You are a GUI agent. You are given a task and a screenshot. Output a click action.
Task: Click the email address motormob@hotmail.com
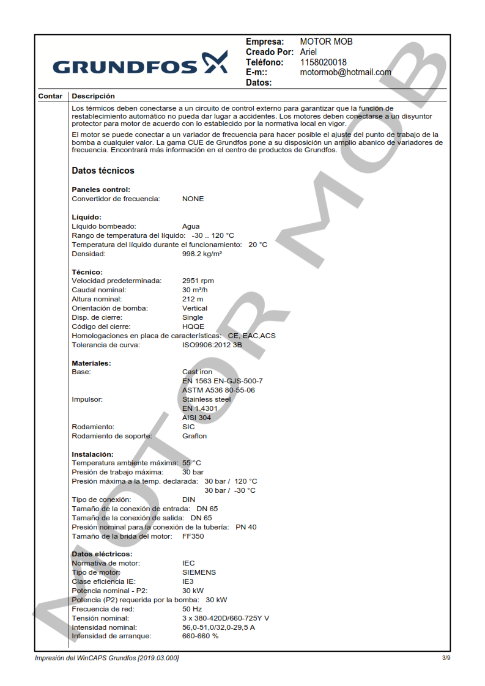click(346, 72)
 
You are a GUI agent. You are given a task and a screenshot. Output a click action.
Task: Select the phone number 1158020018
click(323, 62)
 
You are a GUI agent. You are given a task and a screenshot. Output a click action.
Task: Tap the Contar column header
click(50, 96)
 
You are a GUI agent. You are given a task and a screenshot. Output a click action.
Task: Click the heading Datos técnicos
click(103, 171)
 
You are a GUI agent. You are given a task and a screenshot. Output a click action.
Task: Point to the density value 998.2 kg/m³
click(202, 254)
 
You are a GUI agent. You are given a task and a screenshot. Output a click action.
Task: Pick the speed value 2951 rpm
click(198, 281)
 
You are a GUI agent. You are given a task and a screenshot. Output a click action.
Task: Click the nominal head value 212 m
click(193, 300)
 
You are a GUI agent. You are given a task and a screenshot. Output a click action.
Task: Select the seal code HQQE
click(193, 327)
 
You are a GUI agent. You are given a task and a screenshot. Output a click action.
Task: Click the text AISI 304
click(196, 418)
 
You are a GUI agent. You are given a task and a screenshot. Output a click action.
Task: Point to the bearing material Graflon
click(194, 436)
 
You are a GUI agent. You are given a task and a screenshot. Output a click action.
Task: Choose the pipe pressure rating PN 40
click(246, 527)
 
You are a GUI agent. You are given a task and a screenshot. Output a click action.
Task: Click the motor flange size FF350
click(193, 536)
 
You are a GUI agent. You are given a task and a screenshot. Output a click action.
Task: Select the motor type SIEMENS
click(199, 573)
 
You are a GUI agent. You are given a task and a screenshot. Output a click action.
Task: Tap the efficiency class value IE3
click(188, 582)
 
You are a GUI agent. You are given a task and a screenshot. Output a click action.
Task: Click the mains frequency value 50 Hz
click(192, 610)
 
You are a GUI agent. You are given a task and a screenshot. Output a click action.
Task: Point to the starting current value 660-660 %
click(200, 636)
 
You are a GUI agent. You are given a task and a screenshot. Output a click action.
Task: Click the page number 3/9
click(446, 658)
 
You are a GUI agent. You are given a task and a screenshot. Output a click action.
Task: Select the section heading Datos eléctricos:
click(102, 555)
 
